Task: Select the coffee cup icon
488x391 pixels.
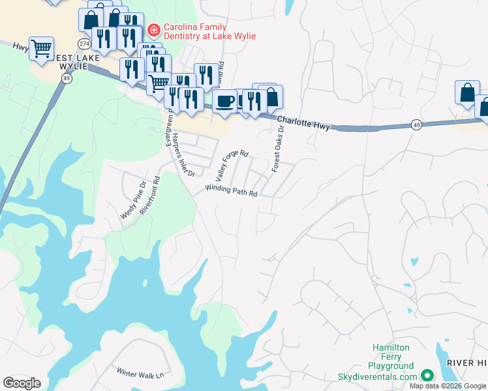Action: [224, 101]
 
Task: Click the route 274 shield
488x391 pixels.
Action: [84, 43]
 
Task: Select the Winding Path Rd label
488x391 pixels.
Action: [232, 191]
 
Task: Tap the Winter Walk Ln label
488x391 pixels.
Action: [140, 373]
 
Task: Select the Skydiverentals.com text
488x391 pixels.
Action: [377, 377]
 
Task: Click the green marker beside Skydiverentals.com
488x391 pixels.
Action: [427, 375]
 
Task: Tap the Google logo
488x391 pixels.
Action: [22, 383]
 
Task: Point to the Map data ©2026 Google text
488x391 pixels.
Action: [448, 386]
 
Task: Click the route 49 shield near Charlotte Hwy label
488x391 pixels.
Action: [416, 123]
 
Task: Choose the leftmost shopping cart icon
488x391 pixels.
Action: [41, 48]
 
